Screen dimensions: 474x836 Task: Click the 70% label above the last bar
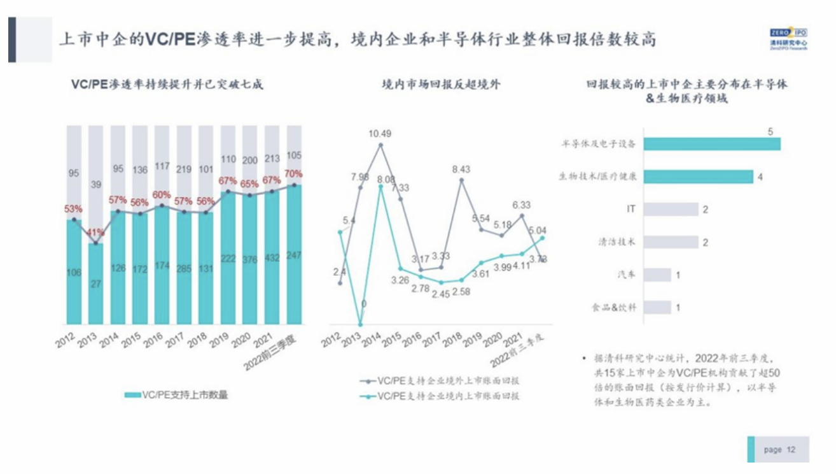[x=294, y=174]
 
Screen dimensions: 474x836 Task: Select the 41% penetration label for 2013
[x=95, y=232]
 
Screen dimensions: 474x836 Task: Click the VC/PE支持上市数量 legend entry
[x=176, y=395]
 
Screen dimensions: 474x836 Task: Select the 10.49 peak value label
[x=380, y=134]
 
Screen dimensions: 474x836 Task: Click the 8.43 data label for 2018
[x=461, y=169]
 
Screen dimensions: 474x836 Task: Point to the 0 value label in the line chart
[x=363, y=304]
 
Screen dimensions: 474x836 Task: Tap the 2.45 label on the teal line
[x=441, y=294]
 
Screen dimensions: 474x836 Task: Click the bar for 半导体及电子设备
[x=711, y=143]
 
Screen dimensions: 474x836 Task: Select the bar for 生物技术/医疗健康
[x=698, y=176]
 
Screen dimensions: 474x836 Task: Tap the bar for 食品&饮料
[x=657, y=308]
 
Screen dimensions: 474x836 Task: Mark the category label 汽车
[x=627, y=275]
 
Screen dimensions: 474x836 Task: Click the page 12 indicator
[x=779, y=449]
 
